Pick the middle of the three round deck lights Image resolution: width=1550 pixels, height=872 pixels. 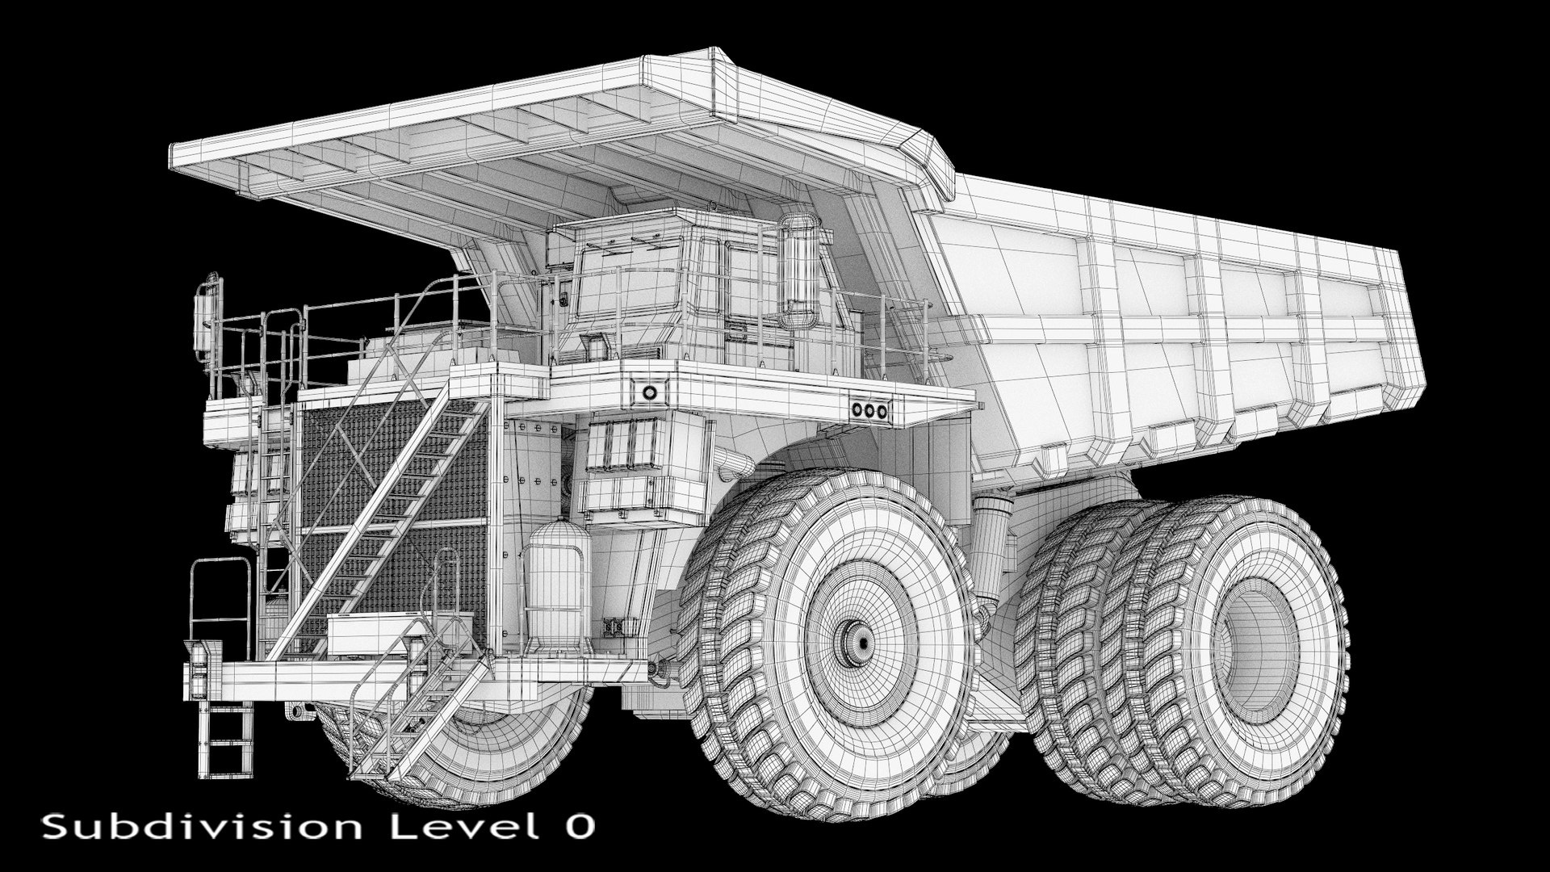tap(869, 410)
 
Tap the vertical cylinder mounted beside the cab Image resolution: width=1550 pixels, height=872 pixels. tap(799, 266)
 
